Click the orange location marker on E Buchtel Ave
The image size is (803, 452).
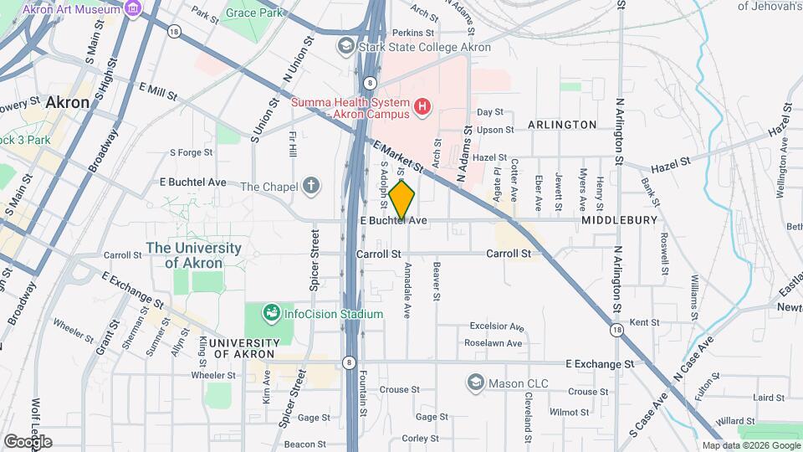(x=401, y=199)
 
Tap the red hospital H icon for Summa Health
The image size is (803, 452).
(x=423, y=107)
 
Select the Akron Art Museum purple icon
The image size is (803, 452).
(x=132, y=8)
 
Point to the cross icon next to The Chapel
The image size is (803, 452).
(x=311, y=186)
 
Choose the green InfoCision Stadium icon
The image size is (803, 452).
(x=270, y=314)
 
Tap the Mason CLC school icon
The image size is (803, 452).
(x=476, y=382)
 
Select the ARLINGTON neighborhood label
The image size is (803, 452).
(x=562, y=125)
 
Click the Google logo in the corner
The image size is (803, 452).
(x=28, y=441)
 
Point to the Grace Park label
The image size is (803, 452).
(x=255, y=14)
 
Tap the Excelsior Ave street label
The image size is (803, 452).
(x=496, y=326)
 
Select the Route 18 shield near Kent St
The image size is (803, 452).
(x=617, y=331)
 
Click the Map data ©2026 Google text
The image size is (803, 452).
(x=750, y=445)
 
